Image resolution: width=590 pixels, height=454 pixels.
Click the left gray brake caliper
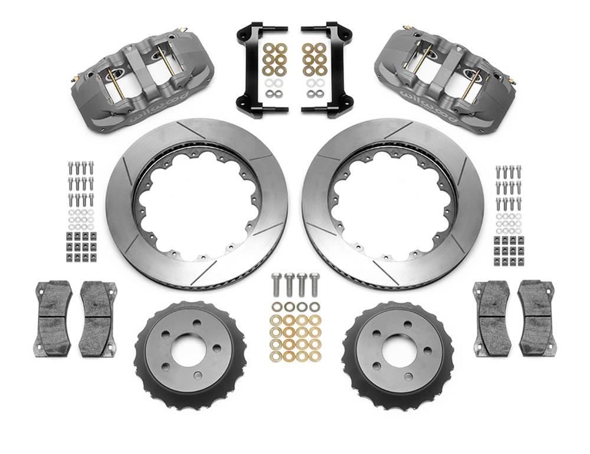[142, 83]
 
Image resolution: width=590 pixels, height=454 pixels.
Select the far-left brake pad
[54, 319]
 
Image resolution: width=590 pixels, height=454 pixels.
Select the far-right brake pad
[536, 318]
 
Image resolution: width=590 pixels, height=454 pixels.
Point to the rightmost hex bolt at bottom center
[314, 284]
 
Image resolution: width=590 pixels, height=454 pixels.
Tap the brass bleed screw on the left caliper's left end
[75, 79]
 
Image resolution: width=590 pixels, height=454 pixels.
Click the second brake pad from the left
[98, 319]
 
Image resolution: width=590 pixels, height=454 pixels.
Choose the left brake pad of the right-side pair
[491, 318]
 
